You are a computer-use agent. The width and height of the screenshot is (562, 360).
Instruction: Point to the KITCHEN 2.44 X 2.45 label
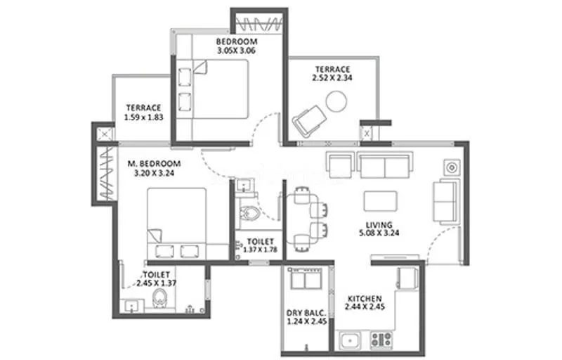coord(365,302)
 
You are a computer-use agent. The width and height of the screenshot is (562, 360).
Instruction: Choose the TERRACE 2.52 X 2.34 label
coord(332,73)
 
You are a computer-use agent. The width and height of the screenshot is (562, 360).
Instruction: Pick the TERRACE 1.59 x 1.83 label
coord(144,112)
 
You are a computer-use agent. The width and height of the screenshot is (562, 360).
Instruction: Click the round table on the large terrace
coord(337,102)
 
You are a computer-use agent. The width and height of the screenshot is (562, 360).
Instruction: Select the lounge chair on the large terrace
coord(310,120)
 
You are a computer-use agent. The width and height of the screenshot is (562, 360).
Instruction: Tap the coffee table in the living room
coord(380,201)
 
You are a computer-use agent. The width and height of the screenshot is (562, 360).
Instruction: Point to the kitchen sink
coord(349,342)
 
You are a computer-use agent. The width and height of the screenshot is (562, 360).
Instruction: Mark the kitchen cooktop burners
coord(381,340)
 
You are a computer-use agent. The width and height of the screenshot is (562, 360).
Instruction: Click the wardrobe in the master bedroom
coord(104,173)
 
